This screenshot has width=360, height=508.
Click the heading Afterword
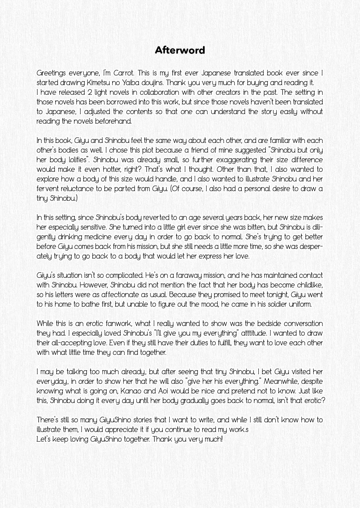180,50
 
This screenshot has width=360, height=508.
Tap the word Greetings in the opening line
51,73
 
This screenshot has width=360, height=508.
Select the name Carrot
123,73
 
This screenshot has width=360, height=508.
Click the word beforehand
113,121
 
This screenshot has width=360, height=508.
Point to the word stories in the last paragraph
142,420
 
